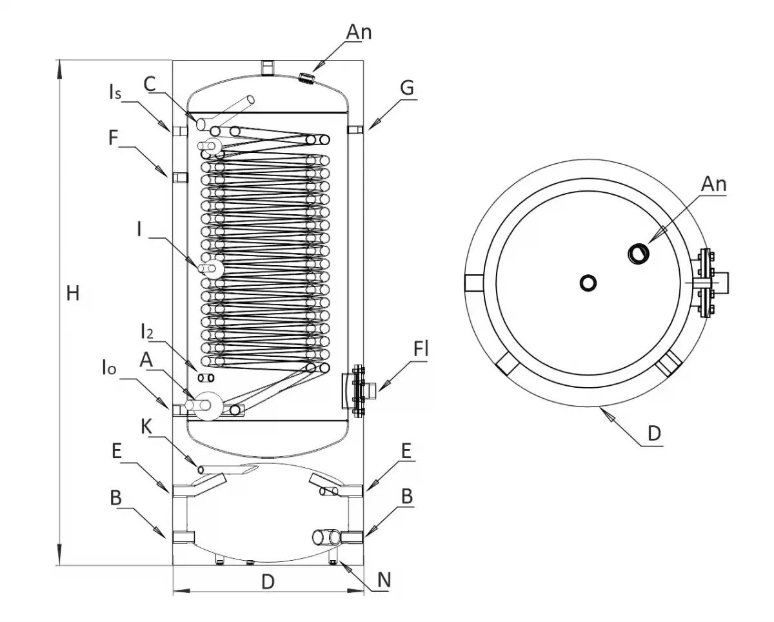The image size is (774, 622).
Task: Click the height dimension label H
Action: [x=72, y=294]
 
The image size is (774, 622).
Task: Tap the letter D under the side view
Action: [x=268, y=581]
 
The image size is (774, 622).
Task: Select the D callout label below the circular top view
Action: [x=654, y=433]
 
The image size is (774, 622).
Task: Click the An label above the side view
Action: [x=359, y=32]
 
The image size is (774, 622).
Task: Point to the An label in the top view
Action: [x=713, y=184]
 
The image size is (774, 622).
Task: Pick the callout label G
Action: [x=406, y=88]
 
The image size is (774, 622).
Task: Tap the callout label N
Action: [x=384, y=580]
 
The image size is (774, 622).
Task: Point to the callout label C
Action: [x=149, y=83]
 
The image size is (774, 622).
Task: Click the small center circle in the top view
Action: [x=588, y=283]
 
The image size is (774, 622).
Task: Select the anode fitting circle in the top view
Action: [x=638, y=254]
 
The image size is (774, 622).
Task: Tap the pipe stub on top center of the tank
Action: [x=267, y=66]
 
